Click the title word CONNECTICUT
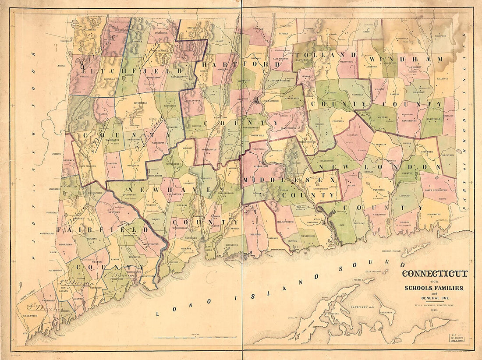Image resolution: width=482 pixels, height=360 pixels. pyautogui.click(x=435, y=274)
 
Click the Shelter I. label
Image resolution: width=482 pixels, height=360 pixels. pyautogui.click(x=332, y=314)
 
